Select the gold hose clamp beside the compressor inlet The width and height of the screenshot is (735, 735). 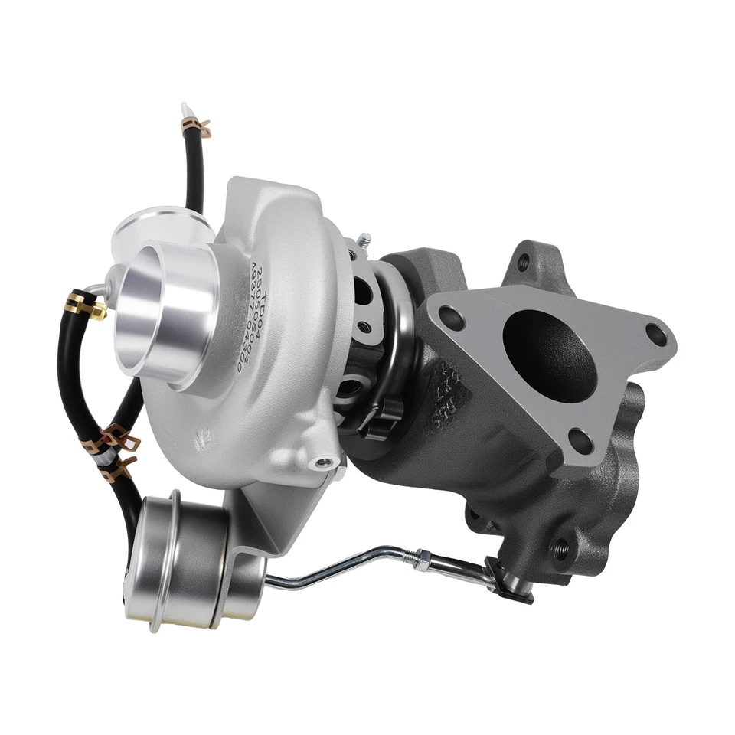pyautogui.click(x=87, y=306)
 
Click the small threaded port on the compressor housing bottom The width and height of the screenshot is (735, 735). pyautogui.click(x=326, y=462)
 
